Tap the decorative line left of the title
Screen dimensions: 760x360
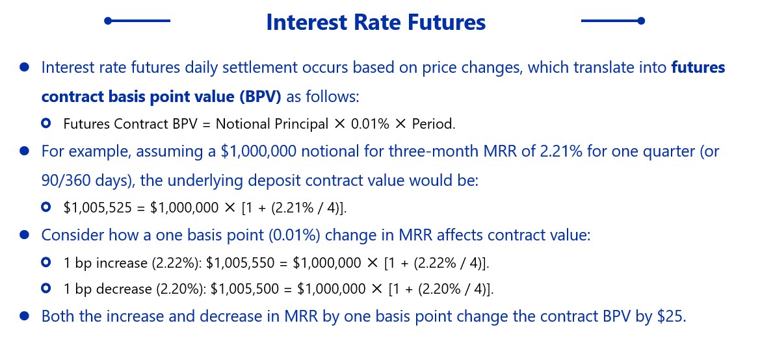138,21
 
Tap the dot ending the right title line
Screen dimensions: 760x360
641,21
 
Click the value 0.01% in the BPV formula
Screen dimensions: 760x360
371,124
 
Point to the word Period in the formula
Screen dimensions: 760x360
434,124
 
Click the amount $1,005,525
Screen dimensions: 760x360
96,207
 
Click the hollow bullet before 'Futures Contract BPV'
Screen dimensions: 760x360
46,123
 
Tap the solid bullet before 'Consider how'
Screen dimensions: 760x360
24,235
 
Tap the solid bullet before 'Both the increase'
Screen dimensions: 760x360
24,316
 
